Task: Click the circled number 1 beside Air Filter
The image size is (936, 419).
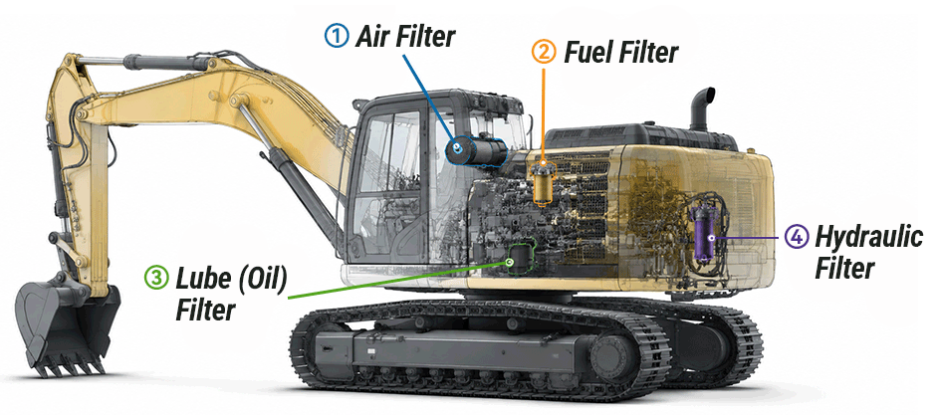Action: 338,36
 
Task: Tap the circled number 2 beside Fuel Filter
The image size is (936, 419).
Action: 544,52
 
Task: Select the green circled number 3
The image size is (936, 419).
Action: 156,278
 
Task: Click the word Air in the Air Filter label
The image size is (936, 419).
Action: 375,36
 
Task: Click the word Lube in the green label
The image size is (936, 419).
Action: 200,279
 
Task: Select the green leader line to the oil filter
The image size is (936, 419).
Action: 398,280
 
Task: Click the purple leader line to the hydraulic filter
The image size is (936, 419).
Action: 748,238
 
